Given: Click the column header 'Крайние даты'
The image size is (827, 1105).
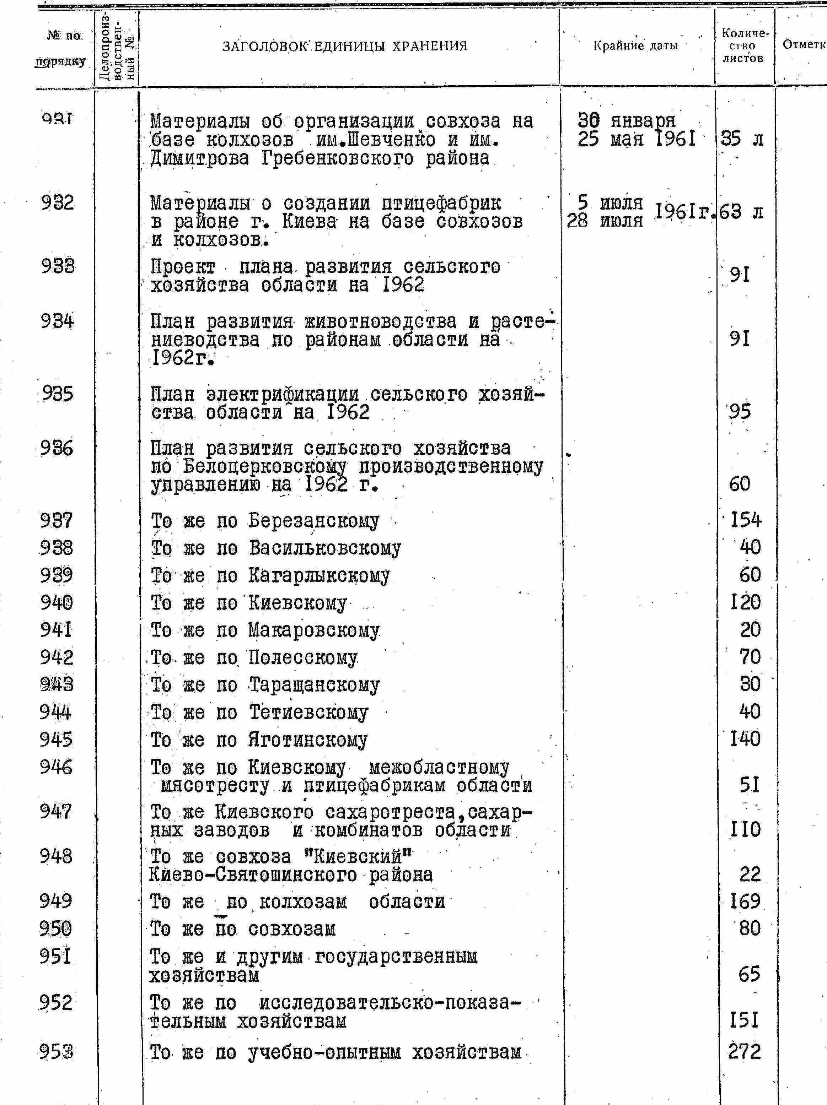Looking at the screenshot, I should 635,45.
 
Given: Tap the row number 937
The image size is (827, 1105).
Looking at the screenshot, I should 57,520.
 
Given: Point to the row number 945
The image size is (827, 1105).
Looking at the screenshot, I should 56,740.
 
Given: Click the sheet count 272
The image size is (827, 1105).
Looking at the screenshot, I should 744,1052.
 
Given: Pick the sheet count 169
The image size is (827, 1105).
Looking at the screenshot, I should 745,901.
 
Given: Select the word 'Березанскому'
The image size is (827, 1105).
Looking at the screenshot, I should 314,521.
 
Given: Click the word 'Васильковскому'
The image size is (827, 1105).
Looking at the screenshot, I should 325,548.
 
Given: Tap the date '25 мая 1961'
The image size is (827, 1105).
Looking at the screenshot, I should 636,139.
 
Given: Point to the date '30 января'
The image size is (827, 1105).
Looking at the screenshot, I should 626,120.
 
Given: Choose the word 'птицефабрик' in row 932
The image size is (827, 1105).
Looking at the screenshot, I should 441,203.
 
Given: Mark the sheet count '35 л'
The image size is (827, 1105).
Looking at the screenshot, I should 742,139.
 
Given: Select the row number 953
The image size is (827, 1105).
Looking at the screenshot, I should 56,1052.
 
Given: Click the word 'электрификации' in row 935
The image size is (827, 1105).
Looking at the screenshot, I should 282,394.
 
